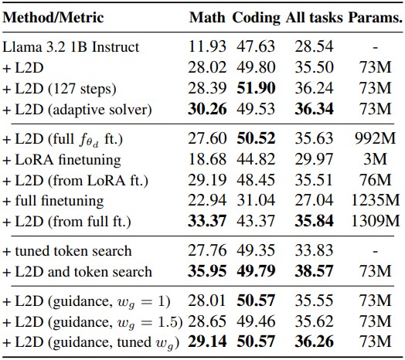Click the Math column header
pos(207,18)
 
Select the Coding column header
pos(256,19)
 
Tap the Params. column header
pos(375,18)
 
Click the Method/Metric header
pos(53,18)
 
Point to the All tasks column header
pos(314,18)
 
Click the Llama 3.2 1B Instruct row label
pos(71,47)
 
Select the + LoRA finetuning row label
pos(62,160)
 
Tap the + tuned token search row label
pos(67,251)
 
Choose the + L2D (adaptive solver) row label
pos(77,110)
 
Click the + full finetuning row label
pos(53,201)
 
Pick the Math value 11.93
pos(207,47)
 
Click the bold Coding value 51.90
pos(256,88)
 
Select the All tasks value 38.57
pos(314,271)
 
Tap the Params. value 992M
pos(375,138)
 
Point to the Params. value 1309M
pos(376,221)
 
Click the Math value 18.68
pos(207,159)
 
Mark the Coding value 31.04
pos(256,200)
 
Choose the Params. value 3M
pos(375,159)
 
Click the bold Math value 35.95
pos(207,271)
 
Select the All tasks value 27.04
pos(314,200)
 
